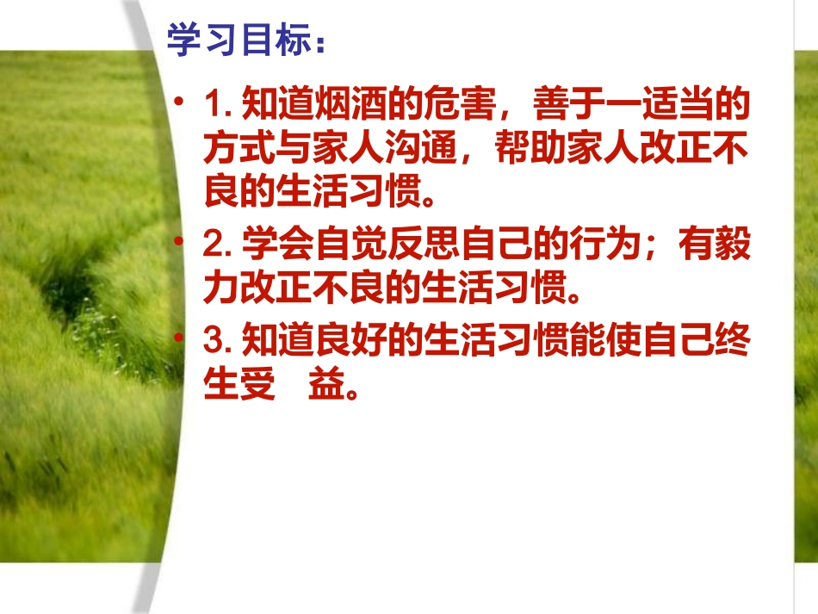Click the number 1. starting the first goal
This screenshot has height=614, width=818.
pos(220,108)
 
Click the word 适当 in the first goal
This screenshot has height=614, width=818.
pos(678,108)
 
